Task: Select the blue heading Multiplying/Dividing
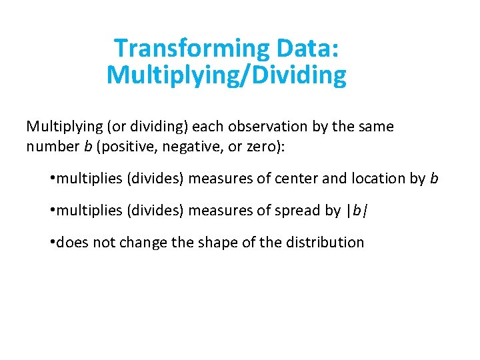(227, 75)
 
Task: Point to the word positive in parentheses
(125, 146)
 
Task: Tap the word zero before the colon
(263, 146)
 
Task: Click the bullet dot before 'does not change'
(51, 242)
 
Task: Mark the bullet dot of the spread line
(51, 211)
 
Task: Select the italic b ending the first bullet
(434, 179)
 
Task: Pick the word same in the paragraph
(377, 127)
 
